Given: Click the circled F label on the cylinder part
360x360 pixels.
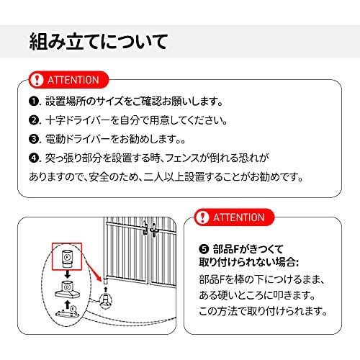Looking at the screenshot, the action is pyautogui.click(x=67, y=257).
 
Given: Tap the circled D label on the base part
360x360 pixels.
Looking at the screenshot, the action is pyautogui.click(x=67, y=287).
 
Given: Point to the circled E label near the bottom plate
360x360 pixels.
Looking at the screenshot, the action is pyautogui.click(x=73, y=308).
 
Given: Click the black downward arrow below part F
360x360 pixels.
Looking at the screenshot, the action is pyautogui.click(x=68, y=274).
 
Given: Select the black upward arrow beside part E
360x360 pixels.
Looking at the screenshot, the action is pyautogui.click(x=68, y=305).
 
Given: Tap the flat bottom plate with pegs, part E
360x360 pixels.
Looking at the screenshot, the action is pyautogui.click(x=67, y=313).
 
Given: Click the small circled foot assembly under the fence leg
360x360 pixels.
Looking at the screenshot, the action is pyautogui.click(x=106, y=300).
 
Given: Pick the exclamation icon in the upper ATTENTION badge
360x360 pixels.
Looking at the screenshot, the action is pyautogui.click(x=37, y=80).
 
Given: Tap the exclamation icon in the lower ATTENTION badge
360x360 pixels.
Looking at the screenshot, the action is pyautogui.click(x=202, y=217).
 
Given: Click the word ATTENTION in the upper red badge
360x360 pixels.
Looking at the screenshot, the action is pyautogui.click(x=73, y=80).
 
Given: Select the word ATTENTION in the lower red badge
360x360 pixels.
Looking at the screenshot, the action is pyautogui.click(x=239, y=217).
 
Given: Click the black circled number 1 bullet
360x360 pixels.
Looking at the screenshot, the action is pyautogui.click(x=34, y=101).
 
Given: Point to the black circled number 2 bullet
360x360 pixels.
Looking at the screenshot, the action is pyautogui.click(x=34, y=120).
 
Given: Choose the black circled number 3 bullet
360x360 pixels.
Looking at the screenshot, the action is pyautogui.click(x=34, y=139).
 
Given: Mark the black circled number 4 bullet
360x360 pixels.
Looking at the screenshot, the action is pyautogui.click(x=34, y=158).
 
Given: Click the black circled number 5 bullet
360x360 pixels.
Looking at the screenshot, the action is pyautogui.click(x=204, y=249).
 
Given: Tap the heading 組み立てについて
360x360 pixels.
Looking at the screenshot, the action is pyautogui.click(x=99, y=42).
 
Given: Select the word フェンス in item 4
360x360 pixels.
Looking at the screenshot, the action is pyautogui.click(x=182, y=158).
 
